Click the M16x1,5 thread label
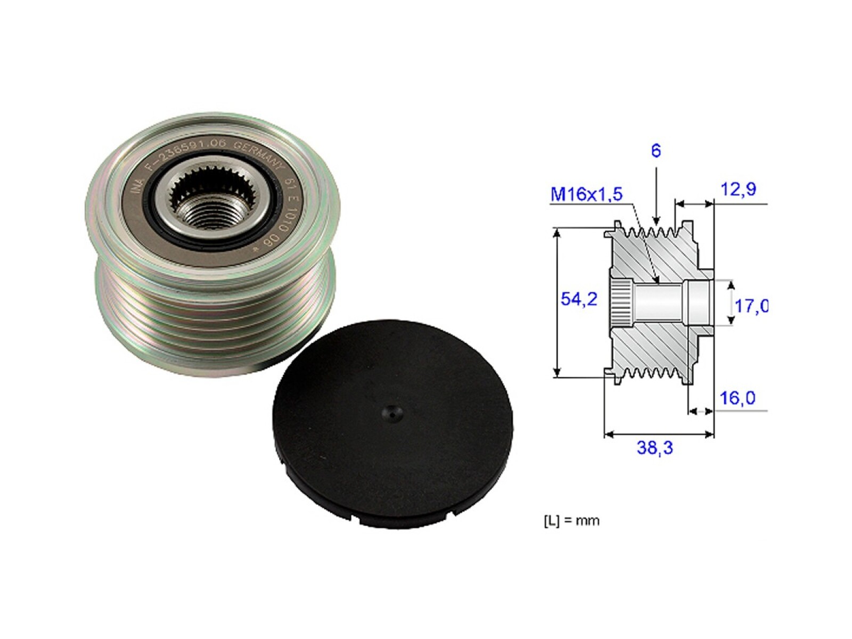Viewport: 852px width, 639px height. pos(586,194)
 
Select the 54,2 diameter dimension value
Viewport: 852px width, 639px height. pos(579,299)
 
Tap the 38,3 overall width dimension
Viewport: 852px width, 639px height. pos(654,448)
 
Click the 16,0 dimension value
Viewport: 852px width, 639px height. pos(737,398)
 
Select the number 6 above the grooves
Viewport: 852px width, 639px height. pos(656,151)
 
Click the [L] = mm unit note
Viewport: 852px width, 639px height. pos(571,520)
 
